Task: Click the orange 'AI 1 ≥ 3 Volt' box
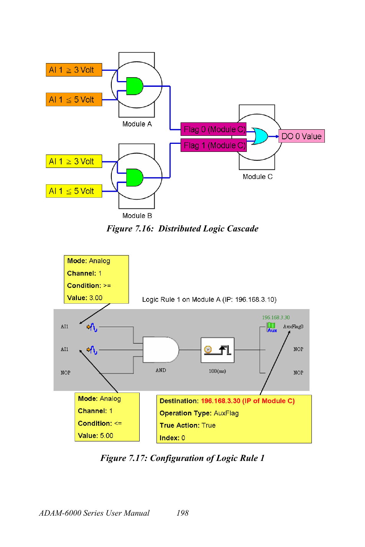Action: [x=74, y=70]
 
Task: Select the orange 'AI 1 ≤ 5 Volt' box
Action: [x=74, y=99]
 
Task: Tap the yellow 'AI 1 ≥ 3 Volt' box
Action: [x=74, y=161]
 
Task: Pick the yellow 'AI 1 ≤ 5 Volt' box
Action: [x=74, y=191]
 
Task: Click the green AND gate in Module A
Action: [x=134, y=86]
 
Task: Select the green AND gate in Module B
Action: [x=134, y=177]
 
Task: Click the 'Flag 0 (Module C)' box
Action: [x=213, y=129]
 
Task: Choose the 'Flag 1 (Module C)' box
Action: [x=213, y=145]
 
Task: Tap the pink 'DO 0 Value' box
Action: [x=301, y=136]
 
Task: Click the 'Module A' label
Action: [x=137, y=124]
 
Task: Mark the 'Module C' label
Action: [x=257, y=177]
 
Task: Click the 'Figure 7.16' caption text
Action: [x=182, y=229]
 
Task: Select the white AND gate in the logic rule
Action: [x=160, y=350]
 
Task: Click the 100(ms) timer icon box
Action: [x=217, y=350]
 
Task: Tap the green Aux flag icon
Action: [x=271, y=327]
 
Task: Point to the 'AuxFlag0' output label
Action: [x=293, y=327]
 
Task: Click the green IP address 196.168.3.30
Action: [x=275, y=317]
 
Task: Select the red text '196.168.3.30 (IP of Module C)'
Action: [x=248, y=401]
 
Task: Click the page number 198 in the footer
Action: [x=182, y=513]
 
